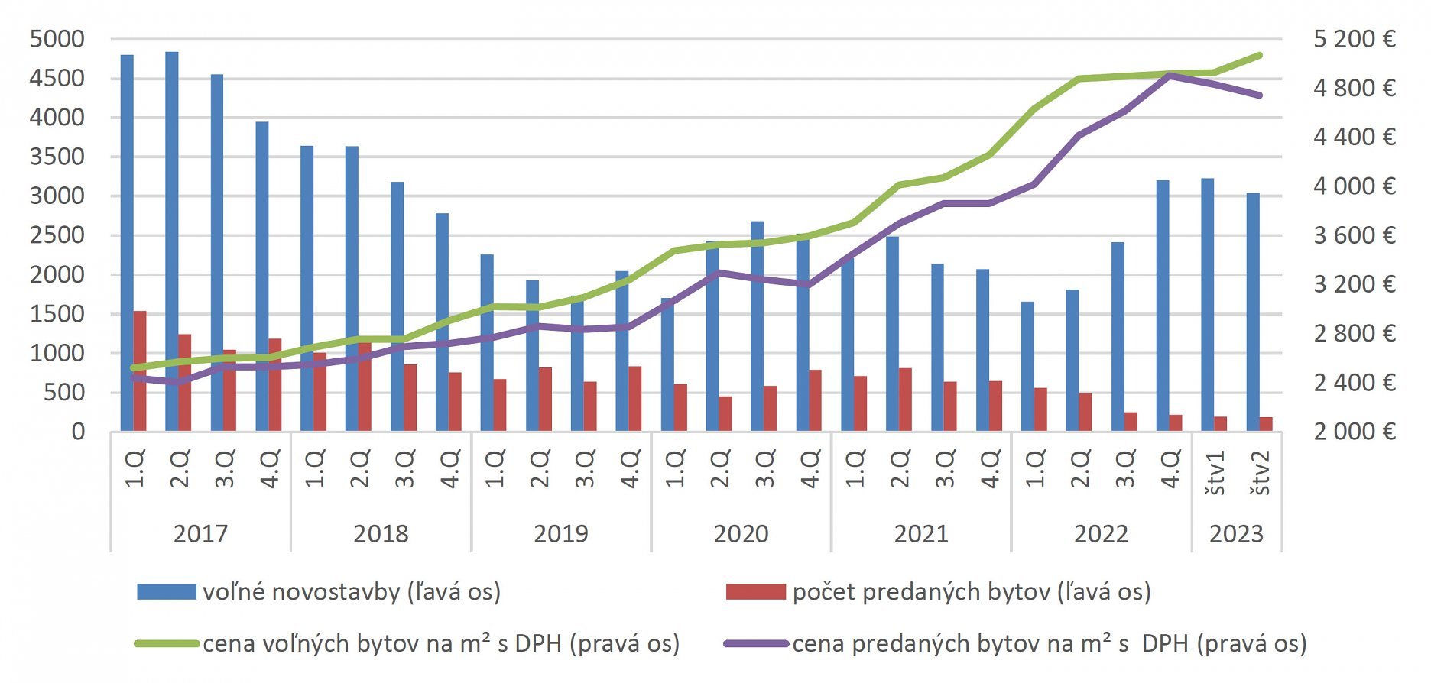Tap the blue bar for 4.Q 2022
pyautogui.click(x=1163, y=306)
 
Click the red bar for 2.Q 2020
pyautogui.click(x=725, y=413)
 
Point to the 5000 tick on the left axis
pyautogui.click(x=57, y=39)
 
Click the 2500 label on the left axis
pyautogui.click(x=57, y=235)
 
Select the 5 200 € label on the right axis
pyautogui.click(x=1354, y=39)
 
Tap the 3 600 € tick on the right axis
pyautogui.click(x=1354, y=235)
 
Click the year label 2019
pyautogui.click(x=561, y=533)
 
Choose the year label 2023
pyautogui.click(x=1236, y=533)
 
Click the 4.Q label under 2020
pyautogui.click(x=810, y=468)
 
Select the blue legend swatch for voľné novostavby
pyautogui.click(x=167, y=592)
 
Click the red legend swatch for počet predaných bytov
pyautogui.click(x=755, y=592)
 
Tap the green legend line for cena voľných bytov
pyautogui.click(x=167, y=644)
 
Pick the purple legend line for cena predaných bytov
pyautogui.click(x=755, y=644)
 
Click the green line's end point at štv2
pyautogui.click(x=1259, y=55)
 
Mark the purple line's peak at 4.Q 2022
pyautogui.click(x=1169, y=75)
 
